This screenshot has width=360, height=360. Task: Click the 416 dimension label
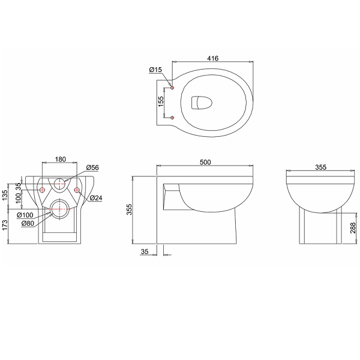click(212, 58)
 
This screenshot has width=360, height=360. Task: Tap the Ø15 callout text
click(155, 70)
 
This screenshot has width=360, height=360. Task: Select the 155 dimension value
click(161, 101)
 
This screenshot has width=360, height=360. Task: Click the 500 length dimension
click(205, 162)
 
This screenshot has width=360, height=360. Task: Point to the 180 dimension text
click(61, 159)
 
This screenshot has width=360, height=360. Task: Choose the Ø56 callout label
click(92, 167)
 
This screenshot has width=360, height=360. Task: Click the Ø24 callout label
click(96, 197)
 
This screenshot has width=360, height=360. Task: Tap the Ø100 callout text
click(25, 215)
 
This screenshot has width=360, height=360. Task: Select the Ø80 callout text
click(28, 223)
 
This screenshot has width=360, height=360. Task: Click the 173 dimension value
click(5, 226)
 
